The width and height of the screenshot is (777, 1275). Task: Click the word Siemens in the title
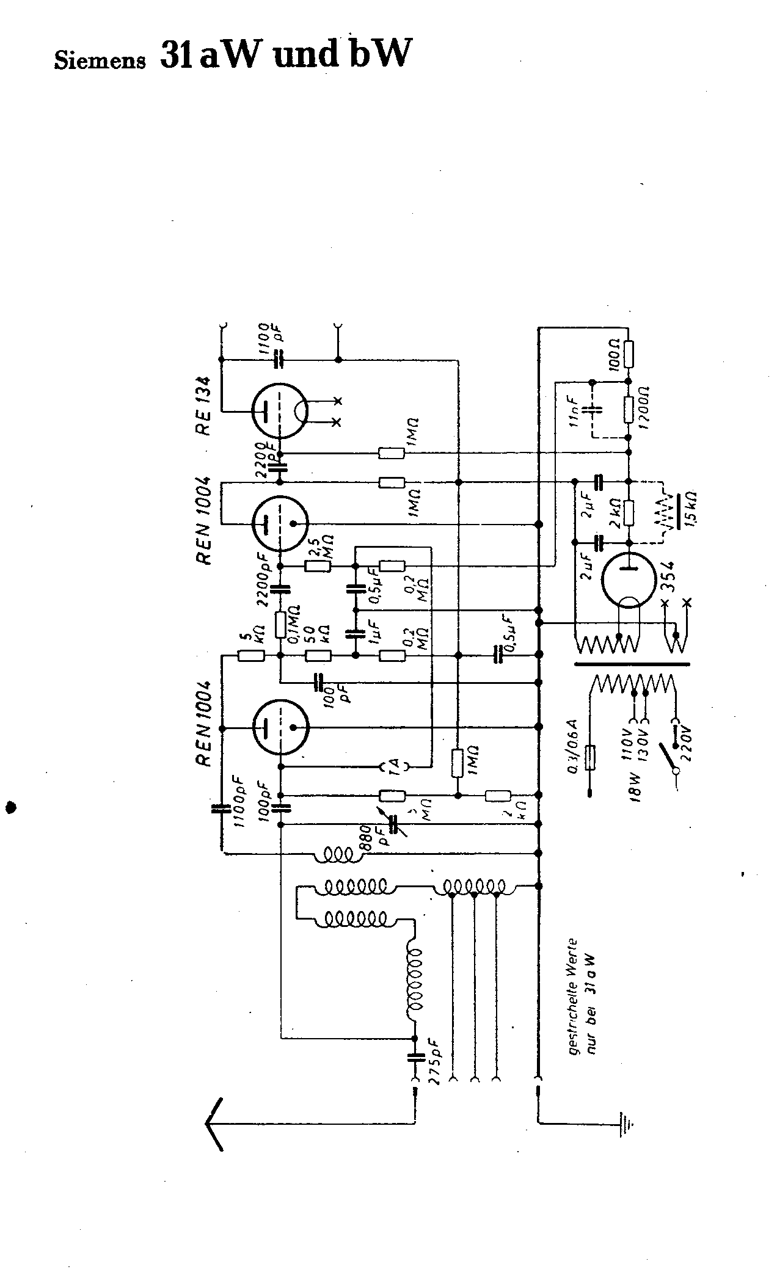[100, 60]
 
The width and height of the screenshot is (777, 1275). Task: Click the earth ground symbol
[626, 1124]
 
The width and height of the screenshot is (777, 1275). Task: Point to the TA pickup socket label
[395, 765]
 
